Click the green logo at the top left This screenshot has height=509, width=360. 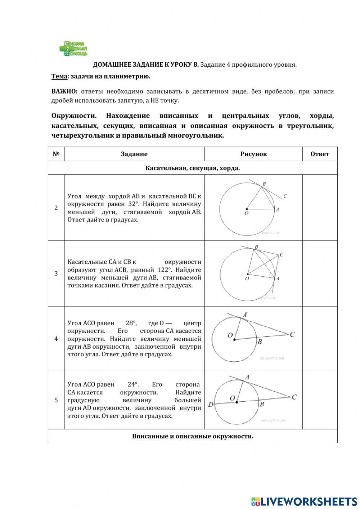click(73, 49)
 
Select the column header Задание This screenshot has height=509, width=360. click(134, 154)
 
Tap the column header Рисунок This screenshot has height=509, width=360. click(253, 154)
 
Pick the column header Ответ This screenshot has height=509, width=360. click(320, 154)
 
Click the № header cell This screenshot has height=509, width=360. click(56, 154)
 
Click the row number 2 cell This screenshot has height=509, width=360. click(56, 208)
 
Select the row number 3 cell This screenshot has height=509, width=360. click(56, 273)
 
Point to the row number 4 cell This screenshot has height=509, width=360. click(56, 339)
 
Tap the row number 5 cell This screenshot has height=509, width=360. click(56, 400)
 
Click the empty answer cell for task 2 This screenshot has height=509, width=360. click(320, 208)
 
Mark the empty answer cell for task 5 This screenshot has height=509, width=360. click(320, 400)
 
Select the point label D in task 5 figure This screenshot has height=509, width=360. click(211, 405)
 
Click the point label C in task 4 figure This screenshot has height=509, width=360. click(292, 335)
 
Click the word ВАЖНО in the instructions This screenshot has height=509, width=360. click(62, 91)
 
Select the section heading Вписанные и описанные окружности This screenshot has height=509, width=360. click(193, 436)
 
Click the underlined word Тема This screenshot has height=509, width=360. click(59, 76)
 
